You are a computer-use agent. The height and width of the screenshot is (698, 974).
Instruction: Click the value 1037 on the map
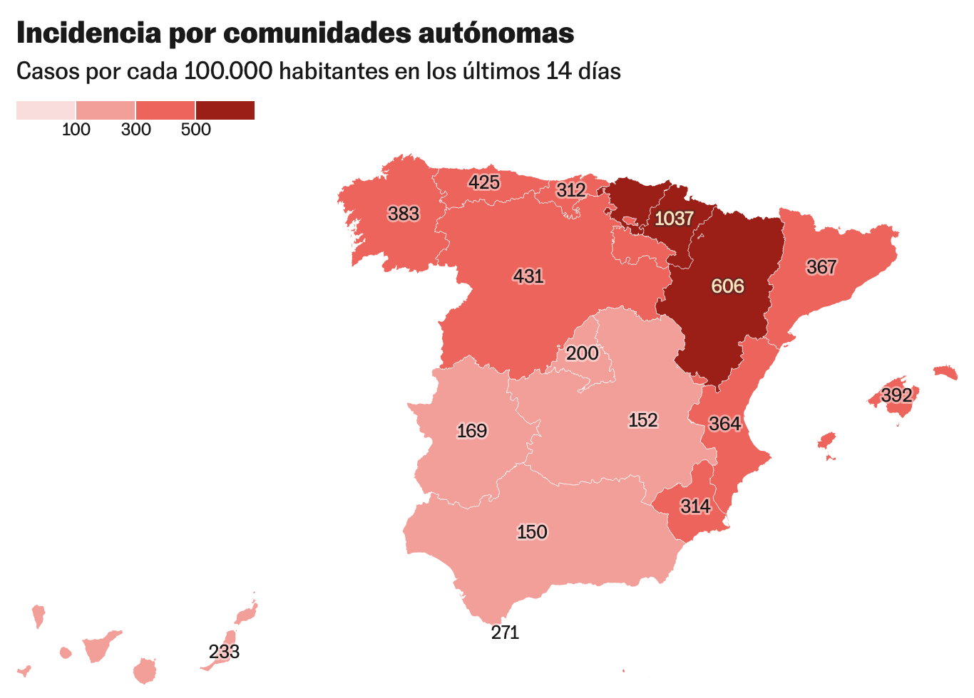pos(674,218)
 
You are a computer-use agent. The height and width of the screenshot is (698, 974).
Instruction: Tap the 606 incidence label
pos(727,286)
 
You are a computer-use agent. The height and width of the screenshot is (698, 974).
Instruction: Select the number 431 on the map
pos(528,276)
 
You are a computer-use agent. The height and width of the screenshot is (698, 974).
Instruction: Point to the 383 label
pos(404,214)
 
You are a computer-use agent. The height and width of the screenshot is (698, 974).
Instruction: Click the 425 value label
pos(484,182)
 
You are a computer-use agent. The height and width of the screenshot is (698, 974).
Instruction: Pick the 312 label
pos(571,189)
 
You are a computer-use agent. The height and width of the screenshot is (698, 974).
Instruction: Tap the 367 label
pos(821,267)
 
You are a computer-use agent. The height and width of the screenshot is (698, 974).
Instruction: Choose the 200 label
pos(583,353)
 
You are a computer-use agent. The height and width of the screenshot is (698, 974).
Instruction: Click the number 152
pos(643,420)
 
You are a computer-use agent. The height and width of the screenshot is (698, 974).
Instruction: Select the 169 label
pos(472,431)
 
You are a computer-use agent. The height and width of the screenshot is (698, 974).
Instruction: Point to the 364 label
pos(725,424)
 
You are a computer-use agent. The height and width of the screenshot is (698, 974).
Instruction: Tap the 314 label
pos(695,506)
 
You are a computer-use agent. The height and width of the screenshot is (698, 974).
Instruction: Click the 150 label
pos(532,532)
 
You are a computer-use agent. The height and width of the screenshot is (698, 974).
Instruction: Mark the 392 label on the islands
pos(896,395)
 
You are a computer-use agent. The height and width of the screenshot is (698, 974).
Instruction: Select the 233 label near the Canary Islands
pos(224,652)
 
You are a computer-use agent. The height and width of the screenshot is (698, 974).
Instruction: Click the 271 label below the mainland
pos(505,632)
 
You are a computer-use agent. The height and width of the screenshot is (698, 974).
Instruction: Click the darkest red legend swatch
pos(225,110)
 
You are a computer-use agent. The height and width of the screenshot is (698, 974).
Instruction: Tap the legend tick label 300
pos(136,130)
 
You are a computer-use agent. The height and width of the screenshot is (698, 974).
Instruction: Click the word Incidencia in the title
pos(88,33)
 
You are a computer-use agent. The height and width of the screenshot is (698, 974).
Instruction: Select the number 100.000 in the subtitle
pos(228,71)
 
